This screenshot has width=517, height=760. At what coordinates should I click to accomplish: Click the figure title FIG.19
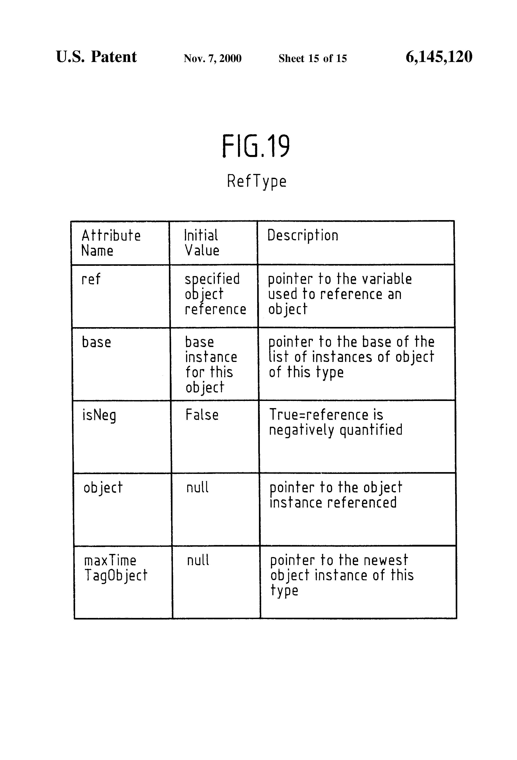click(256, 146)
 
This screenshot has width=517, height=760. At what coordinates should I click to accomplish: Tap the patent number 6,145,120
click(439, 57)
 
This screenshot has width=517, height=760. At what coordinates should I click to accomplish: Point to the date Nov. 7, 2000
click(212, 58)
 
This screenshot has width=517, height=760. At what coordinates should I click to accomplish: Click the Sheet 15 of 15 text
click(313, 58)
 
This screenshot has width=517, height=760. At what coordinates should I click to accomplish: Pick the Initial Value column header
click(202, 243)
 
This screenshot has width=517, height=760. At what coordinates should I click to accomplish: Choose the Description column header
click(303, 236)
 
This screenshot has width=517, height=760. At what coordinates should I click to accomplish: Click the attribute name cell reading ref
click(91, 279)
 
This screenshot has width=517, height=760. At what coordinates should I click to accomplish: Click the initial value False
click(202, 415)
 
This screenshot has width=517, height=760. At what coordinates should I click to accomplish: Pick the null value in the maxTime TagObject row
click(198, 560)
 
